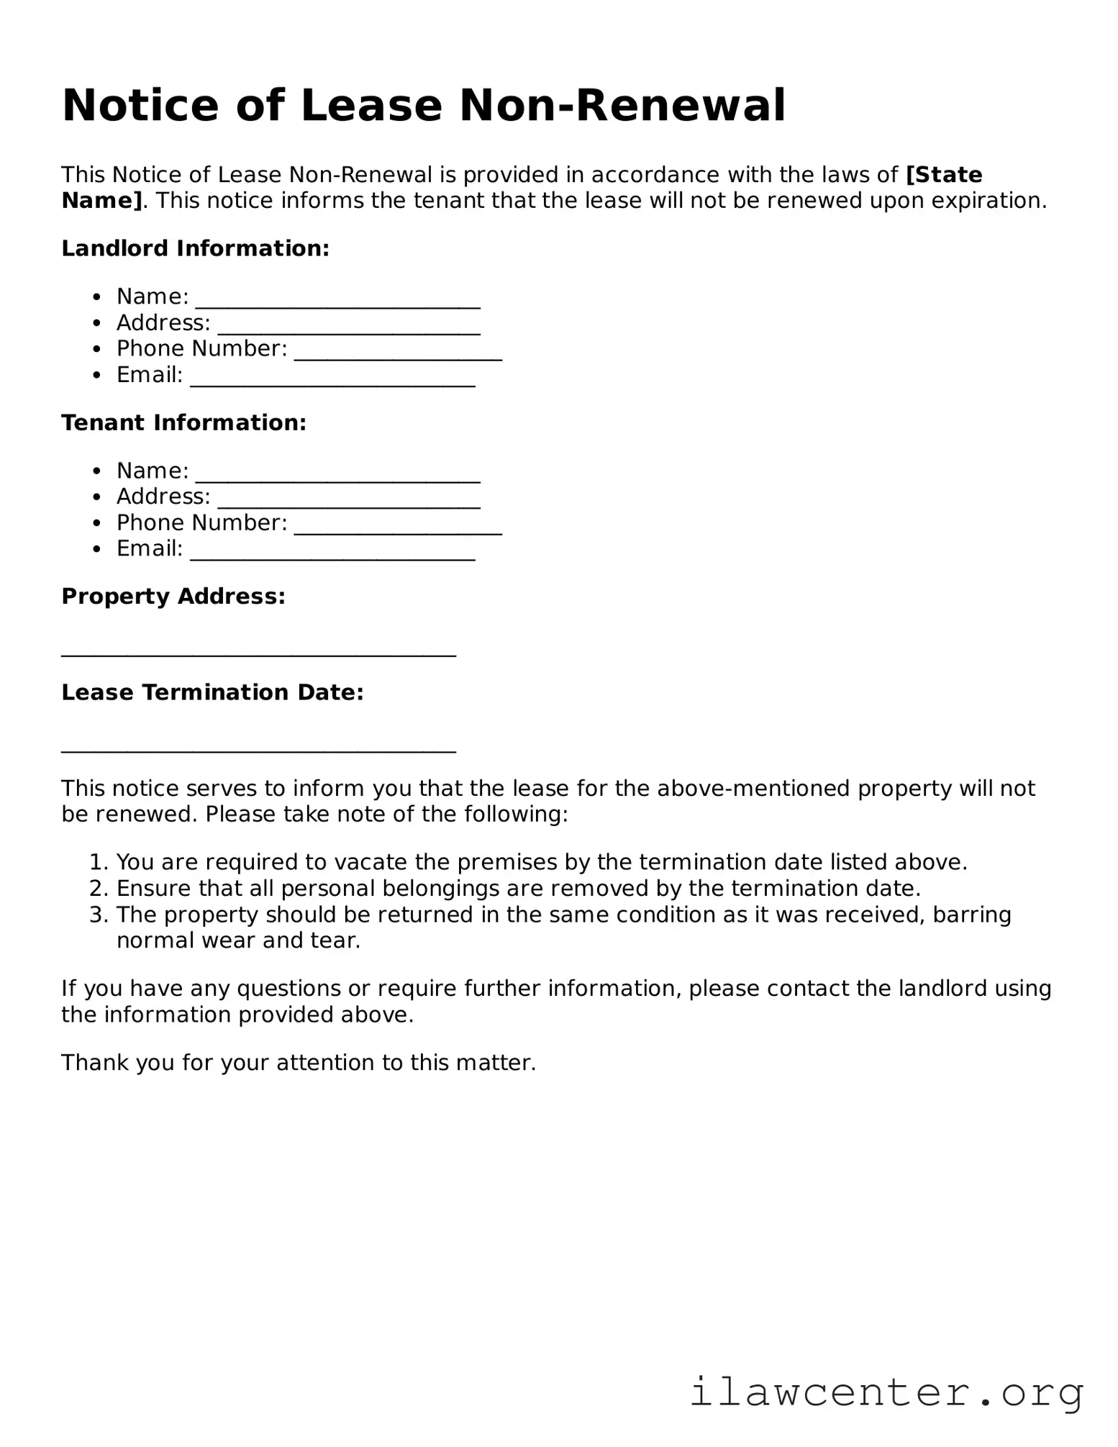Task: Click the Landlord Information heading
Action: point(195,248)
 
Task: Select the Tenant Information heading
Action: point(183,422)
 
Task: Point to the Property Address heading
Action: point(173,597)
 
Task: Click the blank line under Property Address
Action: point(258,653)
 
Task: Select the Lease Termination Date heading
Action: point(212,692)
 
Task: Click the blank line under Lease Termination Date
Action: point(258,750)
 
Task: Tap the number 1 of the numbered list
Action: point(96,862)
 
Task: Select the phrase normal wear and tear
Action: point(237,940)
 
